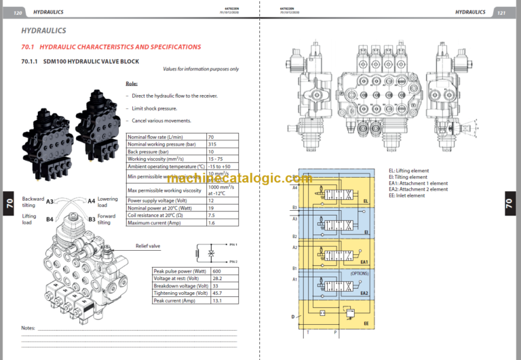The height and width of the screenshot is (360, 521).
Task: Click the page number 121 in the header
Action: click(501, 12)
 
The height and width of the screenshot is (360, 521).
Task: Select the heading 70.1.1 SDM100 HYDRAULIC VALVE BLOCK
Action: click(80, 62)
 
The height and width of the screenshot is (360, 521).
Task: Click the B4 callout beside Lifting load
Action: click(50, 219)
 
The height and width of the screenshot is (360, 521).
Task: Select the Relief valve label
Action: click(147, 246)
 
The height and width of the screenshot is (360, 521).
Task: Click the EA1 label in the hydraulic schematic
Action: click(364, 262)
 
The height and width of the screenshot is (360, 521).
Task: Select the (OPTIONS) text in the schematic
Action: click(360, 273)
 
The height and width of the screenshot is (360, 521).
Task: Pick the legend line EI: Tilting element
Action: click(408, 177)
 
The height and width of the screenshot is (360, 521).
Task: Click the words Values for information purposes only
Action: click(201, 69)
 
